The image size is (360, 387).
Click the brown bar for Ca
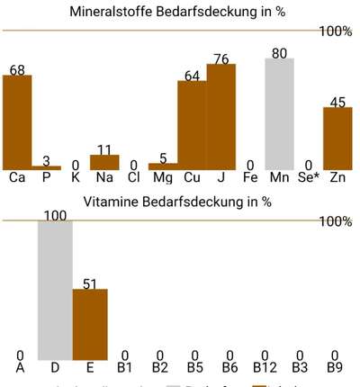(17, 121)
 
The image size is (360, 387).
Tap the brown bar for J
(220, 117)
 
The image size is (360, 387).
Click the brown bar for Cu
(192, 125)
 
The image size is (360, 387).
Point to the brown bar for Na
(104, 162)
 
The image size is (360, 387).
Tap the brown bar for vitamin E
(90, 325)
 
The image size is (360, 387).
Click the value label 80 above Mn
(279, 54)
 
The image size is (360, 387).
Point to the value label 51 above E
(90, 283)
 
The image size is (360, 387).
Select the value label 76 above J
(220, 59)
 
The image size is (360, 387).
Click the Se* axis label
(309, 177)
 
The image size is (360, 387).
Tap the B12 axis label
(265, 367)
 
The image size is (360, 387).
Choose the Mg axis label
(163, 177)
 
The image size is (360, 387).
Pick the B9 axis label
(335, 367)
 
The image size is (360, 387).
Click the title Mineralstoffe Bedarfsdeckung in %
(178, 13)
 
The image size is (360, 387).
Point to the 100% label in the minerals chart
(336, 31)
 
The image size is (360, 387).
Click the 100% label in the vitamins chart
(336, 221)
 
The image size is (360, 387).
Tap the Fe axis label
(250, 177)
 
